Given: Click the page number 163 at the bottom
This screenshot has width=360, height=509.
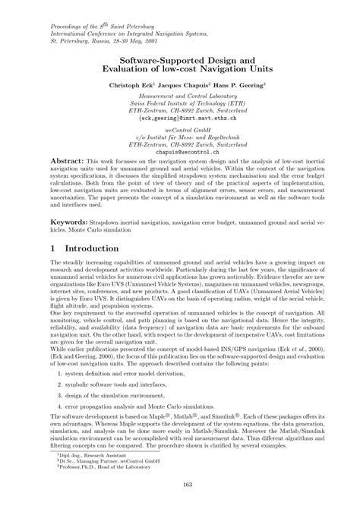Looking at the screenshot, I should tap(179, 486).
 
